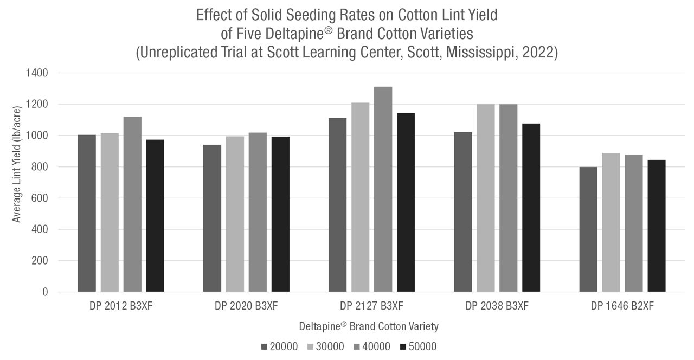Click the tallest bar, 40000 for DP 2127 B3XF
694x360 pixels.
383,189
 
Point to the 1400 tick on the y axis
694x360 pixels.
37,73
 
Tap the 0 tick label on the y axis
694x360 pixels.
46,292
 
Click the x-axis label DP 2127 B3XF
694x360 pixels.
371,306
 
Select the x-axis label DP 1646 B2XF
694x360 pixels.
622,306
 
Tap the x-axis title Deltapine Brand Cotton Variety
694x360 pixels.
369,326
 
